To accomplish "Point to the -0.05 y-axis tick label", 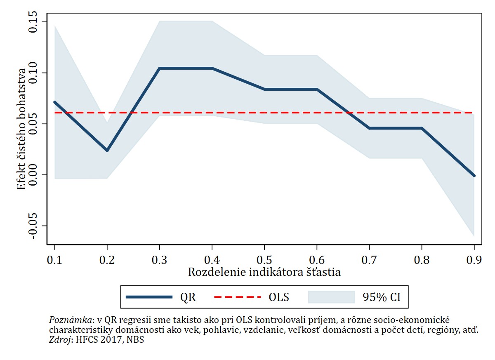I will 33,226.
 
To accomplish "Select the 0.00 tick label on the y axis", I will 33,175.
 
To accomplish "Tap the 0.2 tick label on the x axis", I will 107,260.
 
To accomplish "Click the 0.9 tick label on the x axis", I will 474,260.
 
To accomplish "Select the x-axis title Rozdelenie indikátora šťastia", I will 264,273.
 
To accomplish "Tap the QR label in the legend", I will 188,297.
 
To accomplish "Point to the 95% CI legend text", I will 382,297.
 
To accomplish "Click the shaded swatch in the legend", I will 332,297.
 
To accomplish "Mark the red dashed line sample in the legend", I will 238,297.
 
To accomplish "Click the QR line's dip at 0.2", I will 107,151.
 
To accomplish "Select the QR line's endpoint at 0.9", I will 474,176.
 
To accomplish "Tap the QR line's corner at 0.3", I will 160,68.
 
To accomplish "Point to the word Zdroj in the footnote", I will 59,340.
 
